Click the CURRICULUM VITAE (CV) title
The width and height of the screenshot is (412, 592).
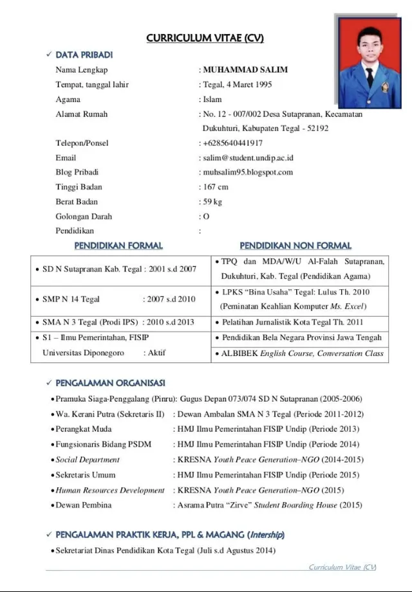point(205,38)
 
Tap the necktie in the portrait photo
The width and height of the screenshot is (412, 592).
point(370,75)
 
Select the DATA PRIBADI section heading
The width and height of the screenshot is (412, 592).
point(84,55)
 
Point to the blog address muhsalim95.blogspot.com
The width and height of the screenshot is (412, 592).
point(248,172)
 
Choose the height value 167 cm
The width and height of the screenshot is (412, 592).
point(216,187)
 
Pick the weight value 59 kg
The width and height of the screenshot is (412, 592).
point(212,202)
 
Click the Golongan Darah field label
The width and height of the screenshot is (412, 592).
point(84,217)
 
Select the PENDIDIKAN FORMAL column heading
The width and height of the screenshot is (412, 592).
point(118,246)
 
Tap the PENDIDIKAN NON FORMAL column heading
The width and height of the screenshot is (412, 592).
point(295,246)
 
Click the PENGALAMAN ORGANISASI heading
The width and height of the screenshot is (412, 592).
point(110,383)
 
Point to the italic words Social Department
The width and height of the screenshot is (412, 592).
point(88,460)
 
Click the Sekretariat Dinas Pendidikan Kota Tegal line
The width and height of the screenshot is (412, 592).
point(165,551)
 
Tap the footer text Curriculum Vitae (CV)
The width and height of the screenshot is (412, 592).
point(342,567)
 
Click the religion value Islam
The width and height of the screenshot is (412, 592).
point(212,100)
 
